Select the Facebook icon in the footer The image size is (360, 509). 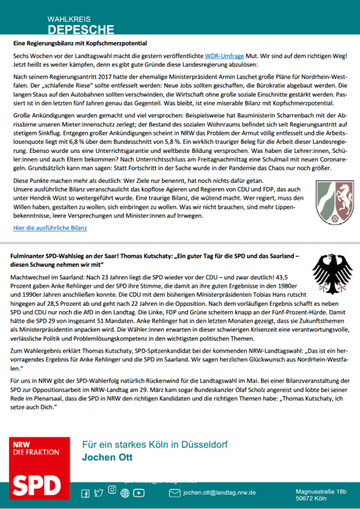(x=85, y=493)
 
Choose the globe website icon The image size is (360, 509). (x=125, y=493)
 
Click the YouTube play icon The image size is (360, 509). (x=139, y=493)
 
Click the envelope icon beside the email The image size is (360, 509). (x=175, y=493)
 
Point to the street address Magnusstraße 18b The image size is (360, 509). (x=321, y=492)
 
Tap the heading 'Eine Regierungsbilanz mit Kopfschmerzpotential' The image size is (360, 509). (x=80, y=43)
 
